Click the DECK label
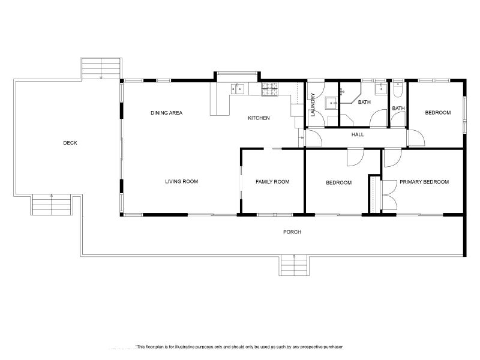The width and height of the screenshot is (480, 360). tap(70, 143)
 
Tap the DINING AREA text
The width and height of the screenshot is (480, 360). tap(166, 113)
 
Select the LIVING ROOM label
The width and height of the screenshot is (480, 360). tap(181, 182)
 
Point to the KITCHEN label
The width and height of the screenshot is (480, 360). tap(259, 118)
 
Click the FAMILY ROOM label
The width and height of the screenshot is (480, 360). tap(272, 182)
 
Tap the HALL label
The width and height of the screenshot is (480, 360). tap(358, 135)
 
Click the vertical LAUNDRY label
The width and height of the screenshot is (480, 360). tap(313, 104)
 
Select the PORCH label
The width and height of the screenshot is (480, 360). tap(292, 232)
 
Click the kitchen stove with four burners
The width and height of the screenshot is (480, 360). tap(270, 89)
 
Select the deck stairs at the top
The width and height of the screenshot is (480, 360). tap(101, 68)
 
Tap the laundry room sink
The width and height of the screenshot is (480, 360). tap(332, 103)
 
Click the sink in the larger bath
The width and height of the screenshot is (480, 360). tap(380, 89)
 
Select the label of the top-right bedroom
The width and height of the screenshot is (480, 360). tap(437, 113)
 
